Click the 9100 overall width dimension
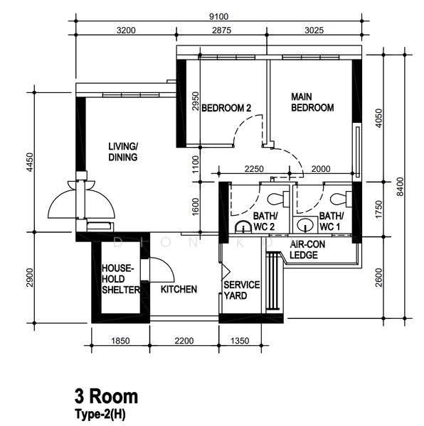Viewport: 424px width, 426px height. click(218, 16)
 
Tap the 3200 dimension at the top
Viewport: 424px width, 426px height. click(126, 30)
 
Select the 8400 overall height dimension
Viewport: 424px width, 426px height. click(400, 186)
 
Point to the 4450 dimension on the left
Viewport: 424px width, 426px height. click(30, 162)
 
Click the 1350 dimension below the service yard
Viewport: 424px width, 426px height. click(240, 341)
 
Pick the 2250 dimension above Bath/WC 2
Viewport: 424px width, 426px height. click(254, 169)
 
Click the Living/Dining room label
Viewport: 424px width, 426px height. click(123, 152)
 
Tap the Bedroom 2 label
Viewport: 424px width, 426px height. click(226, 108)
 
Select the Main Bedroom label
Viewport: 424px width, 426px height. click(312, 102)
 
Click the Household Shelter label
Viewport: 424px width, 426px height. click(121, 279)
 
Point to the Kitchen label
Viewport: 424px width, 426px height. click(179, 290)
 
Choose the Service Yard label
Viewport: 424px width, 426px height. click(242, 290)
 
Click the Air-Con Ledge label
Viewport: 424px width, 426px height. click(307, 250)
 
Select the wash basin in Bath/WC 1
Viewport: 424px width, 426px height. click(305, 224)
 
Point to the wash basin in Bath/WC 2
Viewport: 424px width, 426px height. click(243, 227)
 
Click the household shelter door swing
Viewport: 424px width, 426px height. click(162, 270)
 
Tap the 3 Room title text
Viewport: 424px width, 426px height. click(107, 396)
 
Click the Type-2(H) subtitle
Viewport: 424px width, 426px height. click(100, 415)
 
